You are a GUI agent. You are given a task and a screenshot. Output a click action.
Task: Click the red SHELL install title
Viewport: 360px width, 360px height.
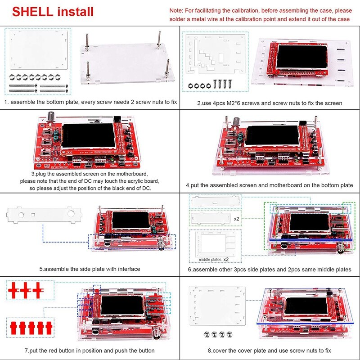click(x=53, y=11)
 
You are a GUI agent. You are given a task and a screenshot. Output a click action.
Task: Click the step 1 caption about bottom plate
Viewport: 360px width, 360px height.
click(x=90, y=102)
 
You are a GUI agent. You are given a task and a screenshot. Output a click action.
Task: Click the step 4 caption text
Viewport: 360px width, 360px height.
click(x=269, y=185)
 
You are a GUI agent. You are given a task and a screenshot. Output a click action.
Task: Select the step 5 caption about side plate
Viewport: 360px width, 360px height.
click(x=90, y=269)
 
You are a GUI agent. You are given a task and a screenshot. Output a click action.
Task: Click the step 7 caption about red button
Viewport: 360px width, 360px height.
click(x=90, y=351)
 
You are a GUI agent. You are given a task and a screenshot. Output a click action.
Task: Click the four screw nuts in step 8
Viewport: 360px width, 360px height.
click(x=218, y=334)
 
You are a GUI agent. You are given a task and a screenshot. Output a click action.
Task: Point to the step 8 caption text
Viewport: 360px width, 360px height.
click(x=269, y=351)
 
